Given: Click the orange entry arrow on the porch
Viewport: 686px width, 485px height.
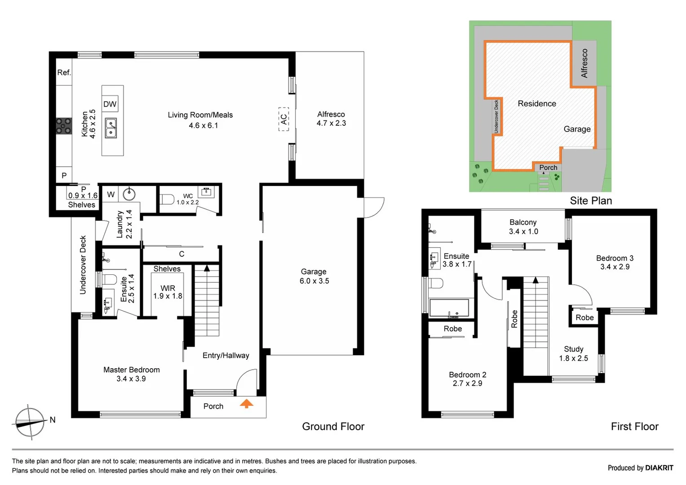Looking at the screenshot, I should coord(246,403).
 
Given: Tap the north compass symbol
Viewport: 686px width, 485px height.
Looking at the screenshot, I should coord(30,422).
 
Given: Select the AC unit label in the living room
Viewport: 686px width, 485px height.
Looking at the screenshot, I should coord(283,119).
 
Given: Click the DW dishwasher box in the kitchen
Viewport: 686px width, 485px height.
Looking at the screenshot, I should coord(110,104).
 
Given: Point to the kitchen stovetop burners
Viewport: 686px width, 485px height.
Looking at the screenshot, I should coord(63,126).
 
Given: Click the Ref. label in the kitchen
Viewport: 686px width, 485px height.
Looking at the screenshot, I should coord(64,72).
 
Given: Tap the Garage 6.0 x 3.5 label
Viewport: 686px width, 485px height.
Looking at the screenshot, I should coord(314,276).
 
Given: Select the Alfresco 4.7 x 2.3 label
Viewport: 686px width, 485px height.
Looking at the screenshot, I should coord(331,119).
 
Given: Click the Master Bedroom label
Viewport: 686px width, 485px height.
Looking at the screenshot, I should coord(131,374).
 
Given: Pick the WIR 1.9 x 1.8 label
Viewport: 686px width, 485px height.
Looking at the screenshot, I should coord(168,292).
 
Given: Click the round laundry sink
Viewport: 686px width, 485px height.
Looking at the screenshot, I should coord(129,194).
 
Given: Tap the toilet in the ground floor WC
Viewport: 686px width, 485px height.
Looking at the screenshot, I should coord(167,199).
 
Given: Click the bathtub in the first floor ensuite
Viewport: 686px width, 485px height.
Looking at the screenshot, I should coord(449,308).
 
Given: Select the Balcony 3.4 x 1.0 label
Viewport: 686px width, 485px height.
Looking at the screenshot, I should coord(523,227).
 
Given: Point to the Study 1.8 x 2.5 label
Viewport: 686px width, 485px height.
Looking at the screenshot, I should coord(573,353).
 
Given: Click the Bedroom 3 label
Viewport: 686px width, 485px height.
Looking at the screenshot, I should coord(615,262).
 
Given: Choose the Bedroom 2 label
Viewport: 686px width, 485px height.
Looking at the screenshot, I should coord(467,379).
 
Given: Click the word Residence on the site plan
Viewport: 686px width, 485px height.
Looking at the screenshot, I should coord(537,104).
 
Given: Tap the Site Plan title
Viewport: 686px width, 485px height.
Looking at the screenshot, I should coord(591,201).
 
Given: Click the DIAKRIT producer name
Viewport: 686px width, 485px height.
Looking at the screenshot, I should coord(659,468).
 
